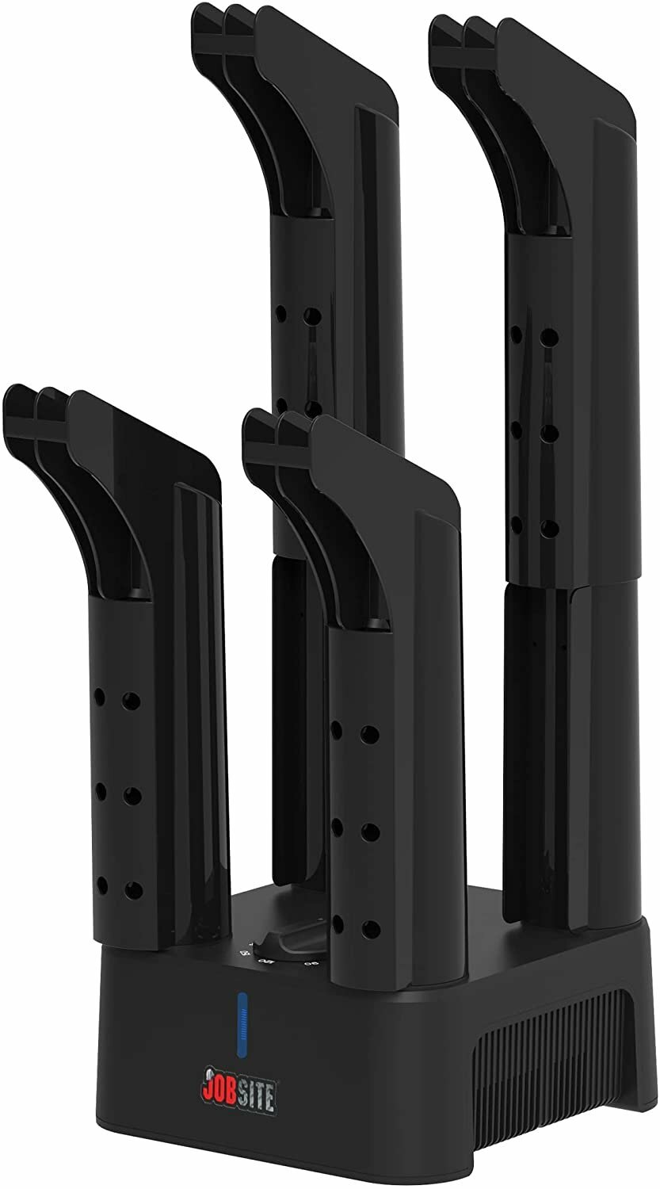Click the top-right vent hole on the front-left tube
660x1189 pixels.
click(132, 700)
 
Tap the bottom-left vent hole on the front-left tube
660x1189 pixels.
click(101, 884)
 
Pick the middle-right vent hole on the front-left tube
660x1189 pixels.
click(132, 793)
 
